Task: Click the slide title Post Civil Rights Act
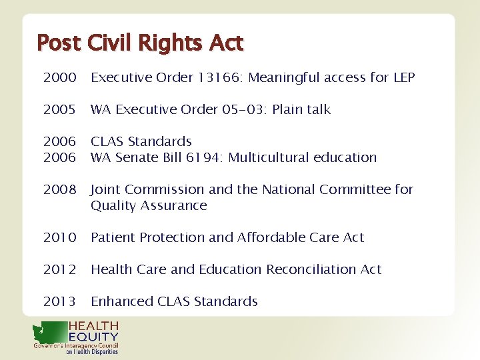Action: [x=140, y=43]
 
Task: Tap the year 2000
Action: [x=59, y=78]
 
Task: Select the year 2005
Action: [x=59, y=110]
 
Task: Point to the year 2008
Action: [x=59, y=190]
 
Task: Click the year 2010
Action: [x=59, y=238]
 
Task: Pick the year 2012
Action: [x=59, y=270]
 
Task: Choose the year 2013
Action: [x=59, y=302]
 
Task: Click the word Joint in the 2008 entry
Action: [x=106, y=190]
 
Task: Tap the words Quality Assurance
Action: [x=149, y=206]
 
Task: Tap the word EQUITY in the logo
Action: [x=93, y=337]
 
